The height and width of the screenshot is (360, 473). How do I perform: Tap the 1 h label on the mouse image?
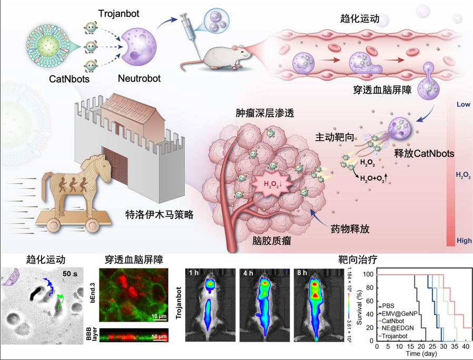pyautogui.click(x=195, y=273)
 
